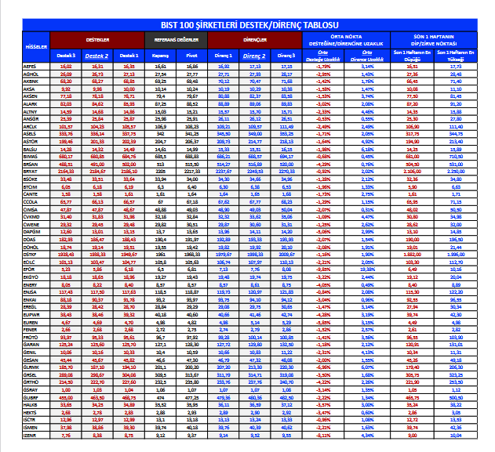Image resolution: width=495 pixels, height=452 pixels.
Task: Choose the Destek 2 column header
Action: (97, 56)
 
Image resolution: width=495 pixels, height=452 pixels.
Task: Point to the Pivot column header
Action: (192, 56)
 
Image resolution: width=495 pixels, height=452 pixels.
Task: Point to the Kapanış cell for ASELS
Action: (161, 133)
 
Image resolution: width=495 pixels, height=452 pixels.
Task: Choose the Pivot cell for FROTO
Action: (192, 336)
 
